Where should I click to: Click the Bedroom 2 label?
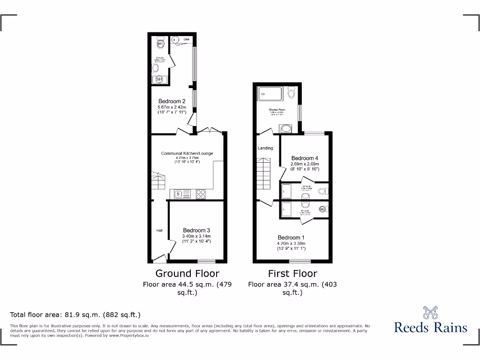pyautogui.click(x=172, y=101)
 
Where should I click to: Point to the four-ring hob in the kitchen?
pyautogui.click(x=201, y=193)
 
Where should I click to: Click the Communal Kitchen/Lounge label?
pyautogui.click(x=187, y=153)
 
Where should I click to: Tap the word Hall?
pyautogui.click(x=159, y=231)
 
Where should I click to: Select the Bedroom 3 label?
pyautogui.click(x=196, y=230)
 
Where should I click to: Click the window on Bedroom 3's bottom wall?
pyautogui.click(x=206, y=261)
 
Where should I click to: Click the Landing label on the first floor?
pyautogui.click(x=265, y=148)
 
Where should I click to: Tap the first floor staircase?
pyautogui.click(x=264, y=173)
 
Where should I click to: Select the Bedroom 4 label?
pyautogui.click(x=305, y=158)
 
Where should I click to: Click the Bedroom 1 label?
pyautogui.click(x=291, y=237)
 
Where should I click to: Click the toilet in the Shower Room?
pyautogui.click(x=292, y=93)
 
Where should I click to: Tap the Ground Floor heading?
pyautogui.click(x=187, y=273)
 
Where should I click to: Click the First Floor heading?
pyautogui.click(x=292, y=273)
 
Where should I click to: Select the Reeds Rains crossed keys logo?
pyautogui.click(x=430, y=312)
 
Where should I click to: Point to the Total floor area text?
pyautogui.click(x=75, y=315)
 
